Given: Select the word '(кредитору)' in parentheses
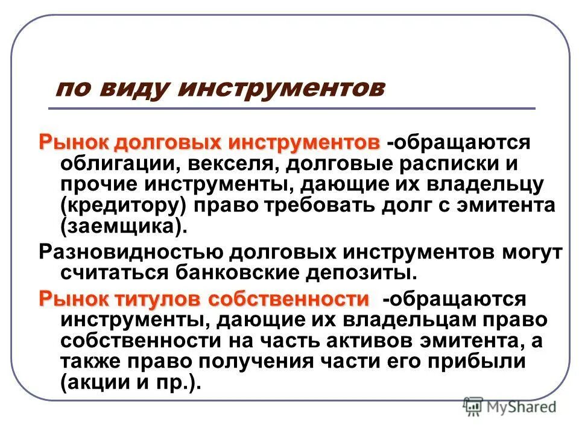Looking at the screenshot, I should pos(122,205).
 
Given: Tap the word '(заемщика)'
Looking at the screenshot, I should pos(120,226).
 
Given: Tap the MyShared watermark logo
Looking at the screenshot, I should pos(510,407).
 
